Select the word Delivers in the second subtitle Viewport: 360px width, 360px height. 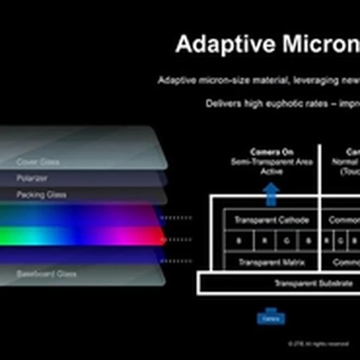(223, 104)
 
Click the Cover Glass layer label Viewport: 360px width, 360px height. (38, 162)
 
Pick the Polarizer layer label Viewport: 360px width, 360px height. (32, 178)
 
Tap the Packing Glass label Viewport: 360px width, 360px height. (41, 194)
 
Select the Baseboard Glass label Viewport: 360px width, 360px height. (46, 274)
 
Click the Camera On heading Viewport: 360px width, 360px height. (272, 152)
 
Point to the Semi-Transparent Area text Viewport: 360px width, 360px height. (272, 162)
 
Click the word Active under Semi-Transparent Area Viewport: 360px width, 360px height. (272, 172)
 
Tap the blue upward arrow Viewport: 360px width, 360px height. (271, 194)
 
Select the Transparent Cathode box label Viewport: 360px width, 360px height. (271, 220)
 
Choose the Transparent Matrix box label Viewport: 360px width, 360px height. (272, 262)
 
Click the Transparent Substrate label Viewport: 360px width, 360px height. (313, 283)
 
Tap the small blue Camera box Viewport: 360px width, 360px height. (271, 318)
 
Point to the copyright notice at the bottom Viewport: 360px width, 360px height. (318, 344)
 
